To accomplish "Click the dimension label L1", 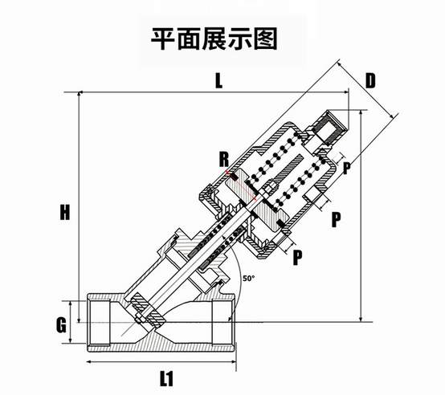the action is pyautogui.click(x=166, y=379).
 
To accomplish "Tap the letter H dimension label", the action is pyautogui.click(x=65, y=213).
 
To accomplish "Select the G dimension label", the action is pyautogui.click(x=61, y=324).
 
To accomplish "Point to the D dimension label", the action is pyautogui.click(x=370, y=80).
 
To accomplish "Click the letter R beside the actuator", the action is pyautogui.click(x=224, y=159).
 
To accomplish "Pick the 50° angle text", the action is pyautogui.click(x=249, y=279).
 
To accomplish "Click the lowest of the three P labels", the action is pyautogui.click(x=297, y=257).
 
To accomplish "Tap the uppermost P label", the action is pyautogui.click(x=346, y=168).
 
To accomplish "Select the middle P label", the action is pyautogui.click(x=336, y=219).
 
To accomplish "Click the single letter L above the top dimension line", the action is pyautogui.click(x=218, y=81).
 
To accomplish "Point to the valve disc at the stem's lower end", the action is pyautogui.click(x=148, y=311).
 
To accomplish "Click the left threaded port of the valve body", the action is pyautogui.click(x=98, y=323).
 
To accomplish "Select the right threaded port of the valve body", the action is pyautogui.click(x=224, y=323).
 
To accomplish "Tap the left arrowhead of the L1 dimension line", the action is pyautogui.click(x=89, y=362).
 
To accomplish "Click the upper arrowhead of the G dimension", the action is pyautogui.click(x=71, y=303).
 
